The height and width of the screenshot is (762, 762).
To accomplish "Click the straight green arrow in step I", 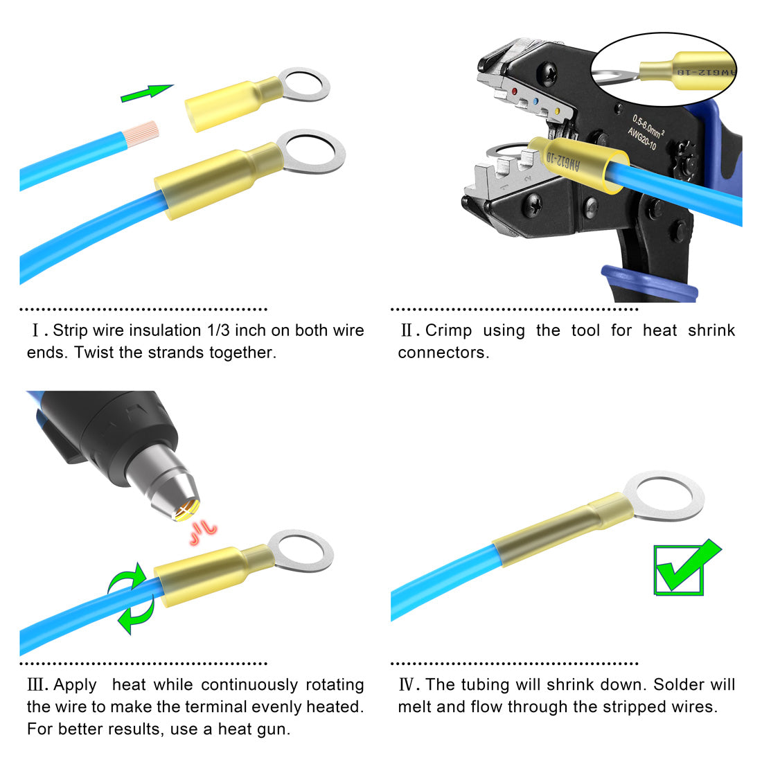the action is click(x=147, y=93).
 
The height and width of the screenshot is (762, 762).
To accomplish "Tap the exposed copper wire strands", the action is click(x=142, y=134).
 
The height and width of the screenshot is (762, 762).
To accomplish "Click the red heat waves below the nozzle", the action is click(x=203, y=532).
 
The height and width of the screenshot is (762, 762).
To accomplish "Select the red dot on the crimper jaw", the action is click(x=515, y=91).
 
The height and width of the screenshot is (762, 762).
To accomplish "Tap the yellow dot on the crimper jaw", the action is click(x=557, y=112).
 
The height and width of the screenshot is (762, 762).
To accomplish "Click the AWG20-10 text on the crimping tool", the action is click(x=641, y=139).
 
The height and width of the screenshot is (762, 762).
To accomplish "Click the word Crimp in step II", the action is click(x=448, y=330).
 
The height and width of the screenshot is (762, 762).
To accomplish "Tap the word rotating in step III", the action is click(x=335, y=684).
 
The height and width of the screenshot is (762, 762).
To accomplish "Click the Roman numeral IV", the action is click(x=408, y=684).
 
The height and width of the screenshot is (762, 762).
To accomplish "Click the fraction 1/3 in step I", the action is click(x=219, y=330).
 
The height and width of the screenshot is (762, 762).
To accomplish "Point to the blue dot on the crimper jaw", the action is click(x=536, y=102).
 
